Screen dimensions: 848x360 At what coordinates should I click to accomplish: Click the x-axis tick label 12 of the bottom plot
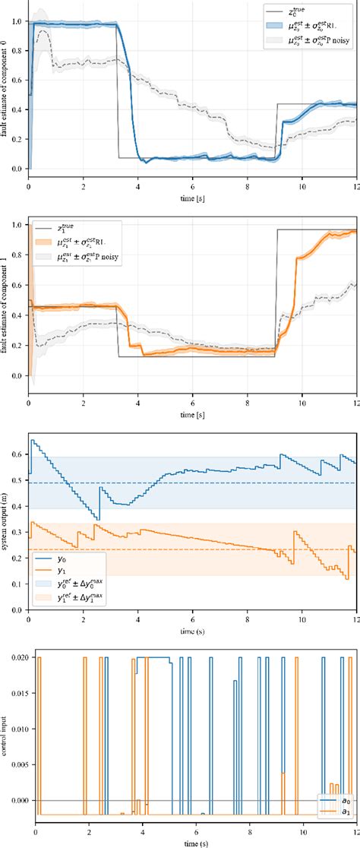tap(355, 832)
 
